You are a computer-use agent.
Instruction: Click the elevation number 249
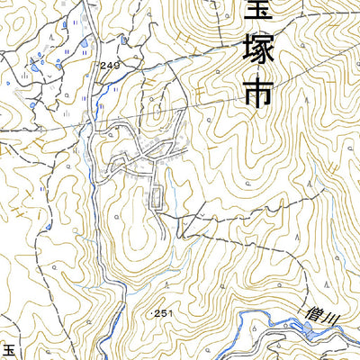(x=110, y=67)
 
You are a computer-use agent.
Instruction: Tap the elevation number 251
(x=162, y=312)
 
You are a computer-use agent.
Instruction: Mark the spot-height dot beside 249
(x=96, y=67)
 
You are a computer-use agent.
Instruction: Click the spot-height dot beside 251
(x=148, y=312)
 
